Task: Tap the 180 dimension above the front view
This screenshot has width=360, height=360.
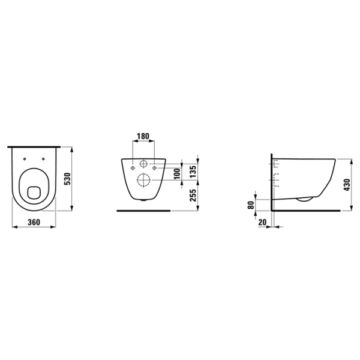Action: point(143,136)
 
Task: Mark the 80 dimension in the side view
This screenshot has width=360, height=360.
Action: point(251,205)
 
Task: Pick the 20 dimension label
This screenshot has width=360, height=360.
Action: point(262,221)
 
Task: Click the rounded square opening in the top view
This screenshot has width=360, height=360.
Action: point(34,192)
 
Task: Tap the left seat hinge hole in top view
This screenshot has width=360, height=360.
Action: point(25,158)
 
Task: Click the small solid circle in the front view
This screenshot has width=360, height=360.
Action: point(143,165)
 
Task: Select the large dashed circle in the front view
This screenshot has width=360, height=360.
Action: point(143,179)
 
